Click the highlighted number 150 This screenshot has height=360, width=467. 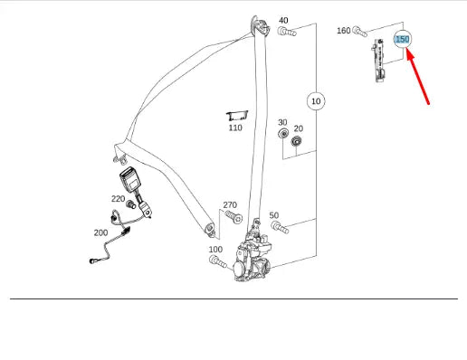(403, 40)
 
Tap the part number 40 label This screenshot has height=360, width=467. (283, 20)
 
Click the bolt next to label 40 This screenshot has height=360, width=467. (288, 33)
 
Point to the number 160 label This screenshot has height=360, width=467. (344, 31)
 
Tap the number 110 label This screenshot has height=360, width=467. (235, 128)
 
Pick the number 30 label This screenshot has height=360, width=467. (282, 122)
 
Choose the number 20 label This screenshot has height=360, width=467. (298, 128)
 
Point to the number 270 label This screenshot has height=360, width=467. (230, 204)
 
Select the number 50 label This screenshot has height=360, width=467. (274, 215)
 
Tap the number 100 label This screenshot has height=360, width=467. (215, 249)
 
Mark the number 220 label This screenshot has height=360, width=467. (119, 199)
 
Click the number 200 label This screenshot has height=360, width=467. (100, 232)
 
